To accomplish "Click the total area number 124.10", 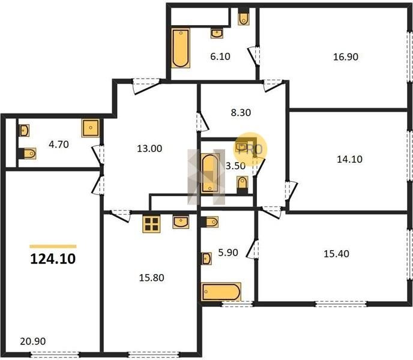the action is (x=53, y=259).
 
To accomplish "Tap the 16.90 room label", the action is (x=346, y=57).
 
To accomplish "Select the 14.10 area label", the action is (x=349, y=160).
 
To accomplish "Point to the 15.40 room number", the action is (x=336, y=254).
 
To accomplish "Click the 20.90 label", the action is (x=32, y=341).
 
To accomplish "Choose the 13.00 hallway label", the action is (x=149, y=149).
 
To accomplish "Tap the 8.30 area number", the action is (x=241, y=113).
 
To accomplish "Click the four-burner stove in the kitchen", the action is (x=151, y=224).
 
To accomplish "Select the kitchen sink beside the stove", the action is (x=181, y=222).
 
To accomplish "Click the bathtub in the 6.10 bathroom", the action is (x=181, y=48).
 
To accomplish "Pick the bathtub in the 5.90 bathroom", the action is (x=221, y=292).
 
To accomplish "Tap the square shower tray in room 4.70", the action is (x=91, y=128).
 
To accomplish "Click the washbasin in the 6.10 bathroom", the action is (x=217, y=33).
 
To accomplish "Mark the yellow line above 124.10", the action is (x=53, y=247).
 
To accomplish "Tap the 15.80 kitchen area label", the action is (x=151, y=278).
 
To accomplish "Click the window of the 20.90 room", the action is (x=55, y=354).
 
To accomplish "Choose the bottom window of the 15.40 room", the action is (x=341, y=304).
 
